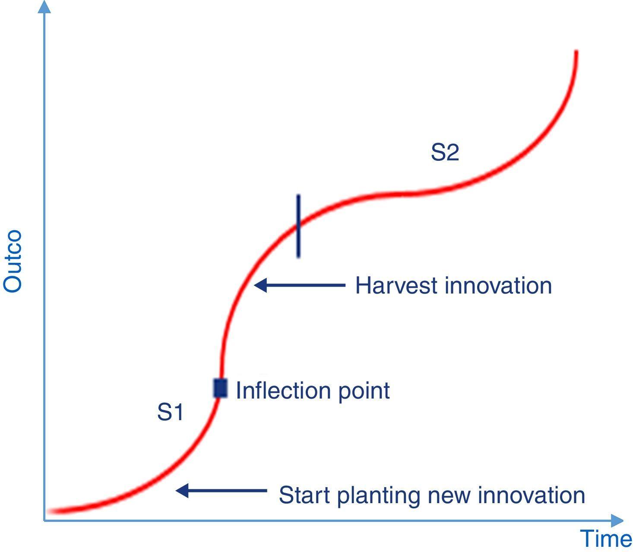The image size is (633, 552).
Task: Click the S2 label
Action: pyautogui.click(x=445, y=153)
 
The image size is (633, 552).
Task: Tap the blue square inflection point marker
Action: pyautogui.click(x=220, y=388)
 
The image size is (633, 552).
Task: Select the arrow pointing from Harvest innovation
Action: pyautogui.click(x=300, y=285)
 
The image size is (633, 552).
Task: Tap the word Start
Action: pyautogui.click(x=305, y=495)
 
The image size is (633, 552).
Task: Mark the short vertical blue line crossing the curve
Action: pyautogui.click(x=298, y=226)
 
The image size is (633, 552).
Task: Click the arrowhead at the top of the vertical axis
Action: pyautogui.click(x=44, y=6)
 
